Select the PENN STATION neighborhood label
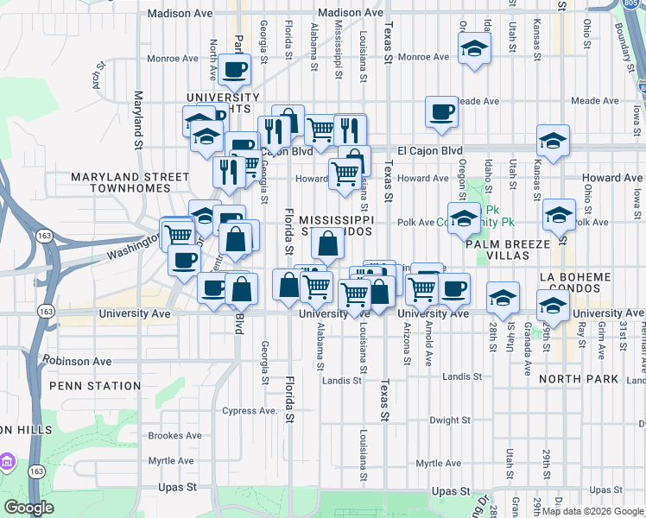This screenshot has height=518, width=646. point(95,386)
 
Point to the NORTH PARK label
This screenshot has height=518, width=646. point(578,379)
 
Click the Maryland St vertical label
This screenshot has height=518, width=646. point(137,120)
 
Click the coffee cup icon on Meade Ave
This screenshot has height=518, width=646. point(441,111)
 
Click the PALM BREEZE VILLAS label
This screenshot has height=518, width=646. point(508,250)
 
